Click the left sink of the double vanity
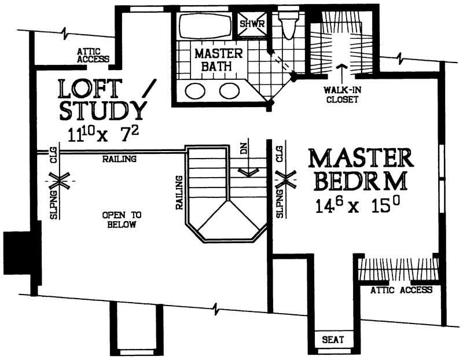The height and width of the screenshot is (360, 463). (x=195, y=91)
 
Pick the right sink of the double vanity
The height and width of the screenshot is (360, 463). (x=229, y=91)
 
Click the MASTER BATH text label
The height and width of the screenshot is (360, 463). (x=213, y=60)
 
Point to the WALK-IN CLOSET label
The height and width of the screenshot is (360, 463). (x=341, y=95)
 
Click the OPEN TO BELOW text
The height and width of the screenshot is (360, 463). (x=122, y=219)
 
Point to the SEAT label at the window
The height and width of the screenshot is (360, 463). (x=330, y=340)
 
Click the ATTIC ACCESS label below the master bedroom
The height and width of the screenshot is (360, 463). (x=401, y=290)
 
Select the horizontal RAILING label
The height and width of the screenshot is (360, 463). (x=119, y=159)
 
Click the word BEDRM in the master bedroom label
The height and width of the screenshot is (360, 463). (x=358, y=181)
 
